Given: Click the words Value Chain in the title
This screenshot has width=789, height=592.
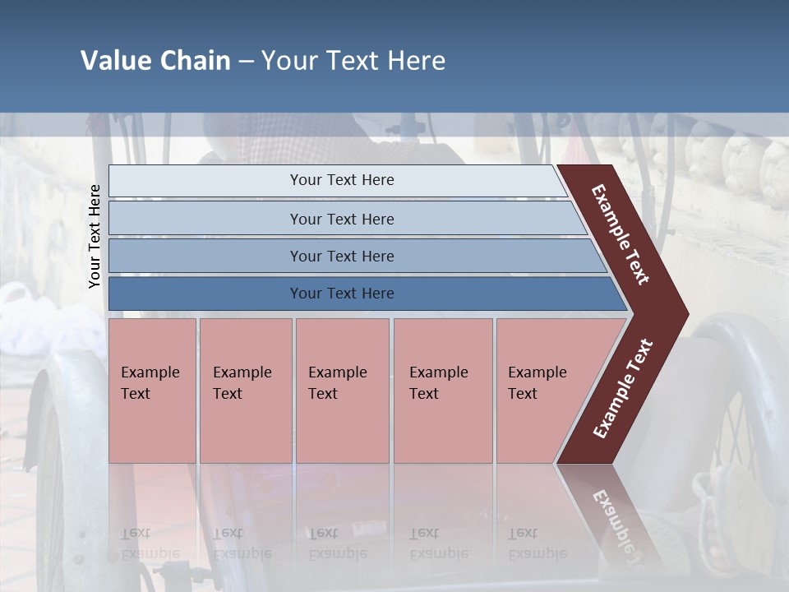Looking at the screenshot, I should point(155,61).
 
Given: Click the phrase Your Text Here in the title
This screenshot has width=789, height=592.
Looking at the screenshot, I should point(353,61).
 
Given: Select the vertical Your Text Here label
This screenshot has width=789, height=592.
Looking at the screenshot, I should point(95,237).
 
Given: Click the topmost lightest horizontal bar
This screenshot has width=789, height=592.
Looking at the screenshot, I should point(341,180).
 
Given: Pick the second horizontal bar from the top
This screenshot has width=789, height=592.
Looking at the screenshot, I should point(341,219).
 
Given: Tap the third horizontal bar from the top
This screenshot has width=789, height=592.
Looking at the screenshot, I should point(341,256).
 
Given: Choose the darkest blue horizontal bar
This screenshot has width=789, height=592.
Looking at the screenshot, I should point(341,294).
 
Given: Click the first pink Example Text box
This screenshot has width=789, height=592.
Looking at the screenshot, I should point(152,391).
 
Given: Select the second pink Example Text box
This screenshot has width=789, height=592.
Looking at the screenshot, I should point(245,391).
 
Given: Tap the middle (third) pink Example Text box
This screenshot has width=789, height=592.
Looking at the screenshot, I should point(341,391).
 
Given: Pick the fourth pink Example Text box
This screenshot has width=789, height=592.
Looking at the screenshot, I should point(442,391).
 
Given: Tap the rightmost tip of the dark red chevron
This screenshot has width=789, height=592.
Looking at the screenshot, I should point(683,313).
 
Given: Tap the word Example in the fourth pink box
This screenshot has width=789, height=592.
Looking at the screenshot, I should point(438,372).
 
